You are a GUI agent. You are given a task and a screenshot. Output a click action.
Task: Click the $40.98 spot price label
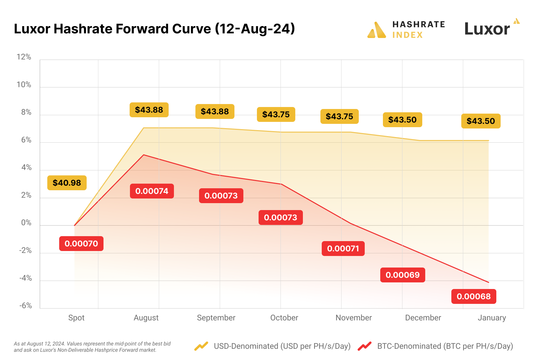[67, 183]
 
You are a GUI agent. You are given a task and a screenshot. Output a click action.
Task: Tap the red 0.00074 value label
[152, 191]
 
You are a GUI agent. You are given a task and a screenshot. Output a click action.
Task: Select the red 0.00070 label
[81, 244]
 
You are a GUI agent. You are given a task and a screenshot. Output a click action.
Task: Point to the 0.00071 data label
[343, 249]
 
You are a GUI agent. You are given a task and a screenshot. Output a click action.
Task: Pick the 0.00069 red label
[402, 275]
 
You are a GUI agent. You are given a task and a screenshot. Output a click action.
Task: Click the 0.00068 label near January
[474, 297]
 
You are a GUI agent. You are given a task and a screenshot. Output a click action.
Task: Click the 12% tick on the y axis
[24, 57]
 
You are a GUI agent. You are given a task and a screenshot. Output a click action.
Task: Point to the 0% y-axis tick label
[26, 223]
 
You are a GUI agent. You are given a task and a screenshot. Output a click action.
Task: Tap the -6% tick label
[25, 306]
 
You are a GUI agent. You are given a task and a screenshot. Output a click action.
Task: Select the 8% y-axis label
[26, 112]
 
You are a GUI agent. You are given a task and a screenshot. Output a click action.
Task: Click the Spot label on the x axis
[76, 318]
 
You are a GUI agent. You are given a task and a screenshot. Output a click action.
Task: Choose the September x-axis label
[216, 318]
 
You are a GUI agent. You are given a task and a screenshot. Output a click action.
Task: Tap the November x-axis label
[353, 318]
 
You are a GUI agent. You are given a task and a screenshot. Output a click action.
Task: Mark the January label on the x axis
[492, 318]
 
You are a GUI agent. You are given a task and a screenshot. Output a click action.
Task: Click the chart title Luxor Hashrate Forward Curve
[154, 29]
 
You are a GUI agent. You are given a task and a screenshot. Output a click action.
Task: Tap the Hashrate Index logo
[406, 30]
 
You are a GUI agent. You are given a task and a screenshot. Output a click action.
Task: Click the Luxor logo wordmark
[488, 29]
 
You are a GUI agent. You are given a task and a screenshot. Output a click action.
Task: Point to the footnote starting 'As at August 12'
[92, 347]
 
